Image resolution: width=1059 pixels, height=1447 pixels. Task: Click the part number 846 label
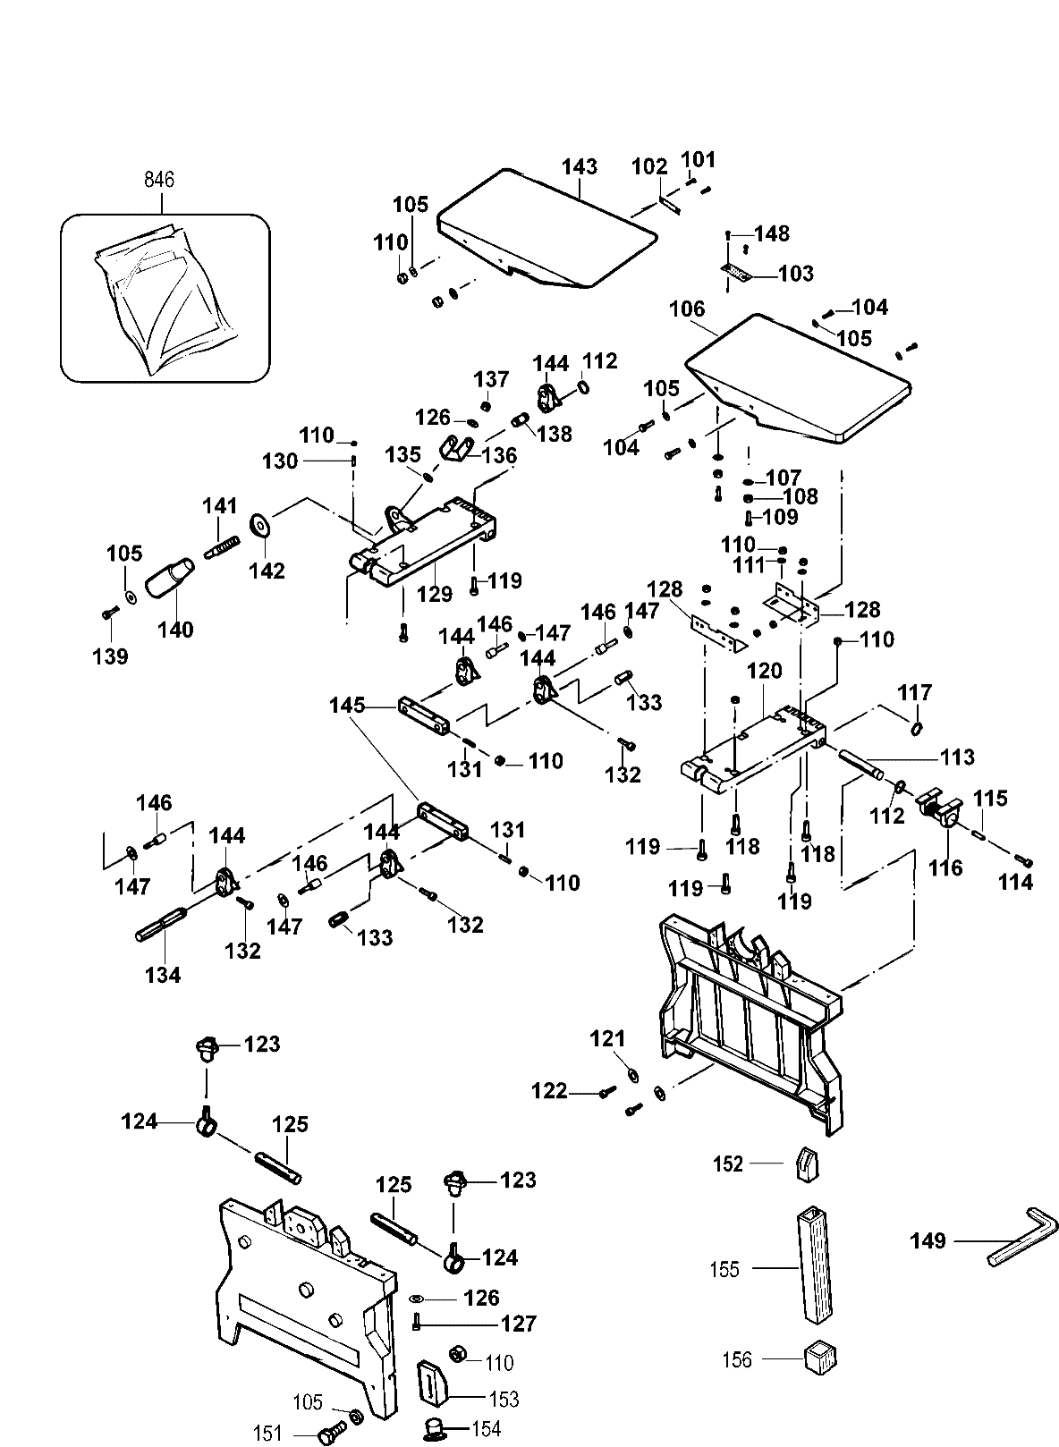coord(159,180)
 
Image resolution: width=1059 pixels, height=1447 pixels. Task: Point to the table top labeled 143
coord(546,228)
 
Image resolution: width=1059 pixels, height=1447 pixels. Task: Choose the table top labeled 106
coord(796,376)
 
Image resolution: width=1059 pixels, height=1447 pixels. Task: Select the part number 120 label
coord(764,672)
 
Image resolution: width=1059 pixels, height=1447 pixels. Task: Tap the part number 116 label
coord(945,867)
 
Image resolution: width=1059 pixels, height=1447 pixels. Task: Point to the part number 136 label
coord(500,455)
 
